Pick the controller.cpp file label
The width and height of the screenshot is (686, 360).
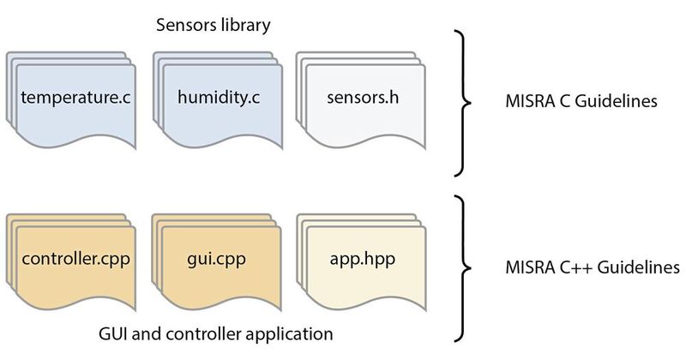[x=75, y=257]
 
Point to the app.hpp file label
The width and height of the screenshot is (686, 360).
[x=362, y=257]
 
